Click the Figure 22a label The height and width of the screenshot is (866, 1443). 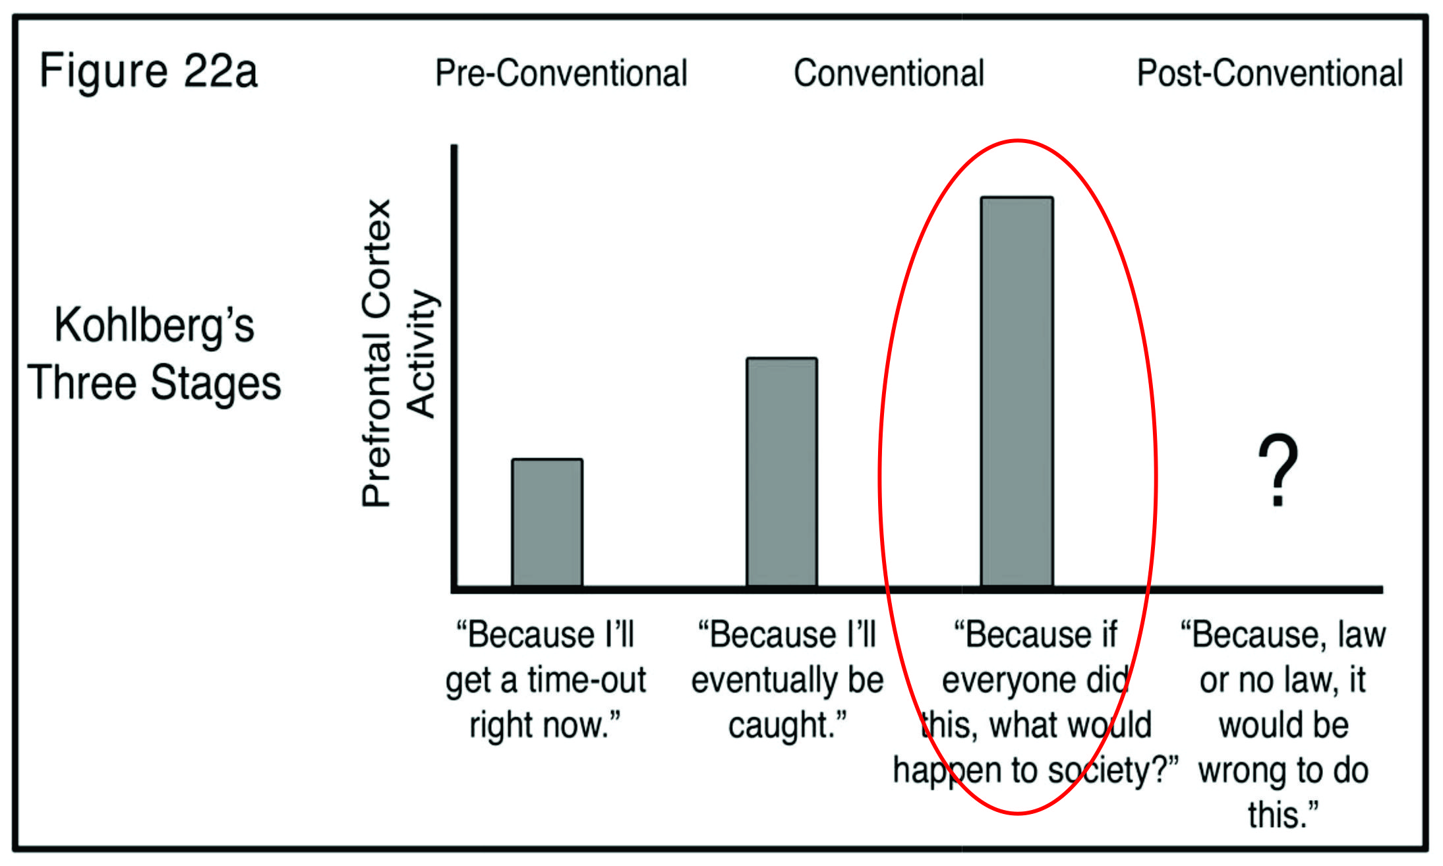148,71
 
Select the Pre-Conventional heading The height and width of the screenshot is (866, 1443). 561,73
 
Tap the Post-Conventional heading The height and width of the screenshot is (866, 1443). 1270,73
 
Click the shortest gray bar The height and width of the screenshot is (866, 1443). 547,522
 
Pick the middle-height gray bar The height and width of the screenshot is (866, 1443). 782,472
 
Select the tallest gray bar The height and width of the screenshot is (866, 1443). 1016,391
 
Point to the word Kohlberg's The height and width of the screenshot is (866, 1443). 154,325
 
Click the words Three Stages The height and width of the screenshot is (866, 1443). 154,383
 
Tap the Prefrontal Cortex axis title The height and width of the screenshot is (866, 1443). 377,353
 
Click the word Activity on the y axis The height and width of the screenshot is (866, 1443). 422,353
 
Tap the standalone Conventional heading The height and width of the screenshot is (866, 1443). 889,73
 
